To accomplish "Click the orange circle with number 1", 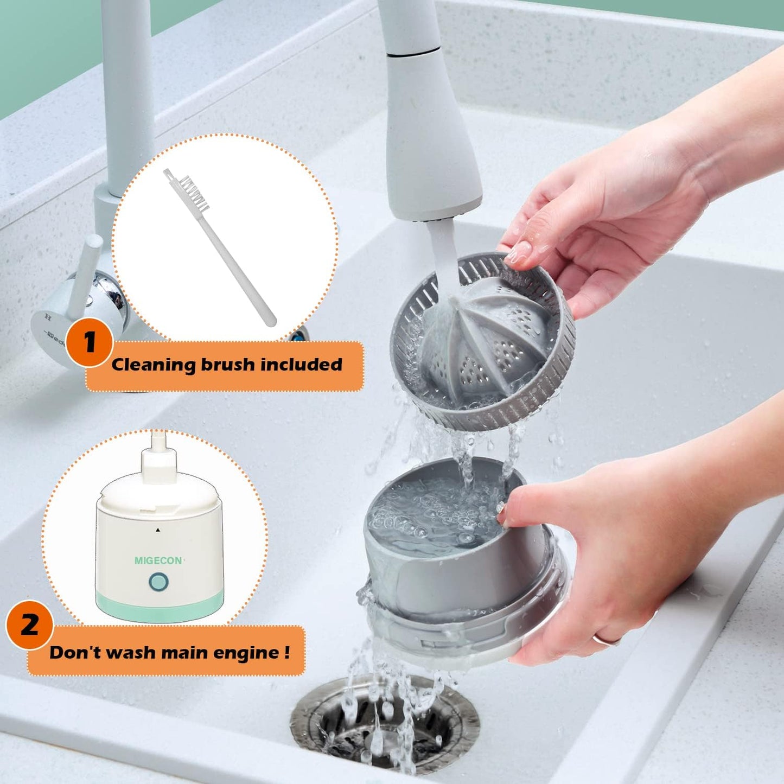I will tap(90, 342).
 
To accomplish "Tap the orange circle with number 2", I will tap(30, 624).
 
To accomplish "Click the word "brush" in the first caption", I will tap(228, 365).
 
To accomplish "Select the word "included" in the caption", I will tap(301, 365).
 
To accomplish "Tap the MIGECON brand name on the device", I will tap(158, 560).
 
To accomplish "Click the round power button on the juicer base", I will tap(158, 583).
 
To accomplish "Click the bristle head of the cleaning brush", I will tap(195, 193).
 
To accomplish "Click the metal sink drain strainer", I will tap(380, 722).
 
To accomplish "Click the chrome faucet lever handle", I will tap(87, 271).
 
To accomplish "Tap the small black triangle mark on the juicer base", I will tap(158, 530).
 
